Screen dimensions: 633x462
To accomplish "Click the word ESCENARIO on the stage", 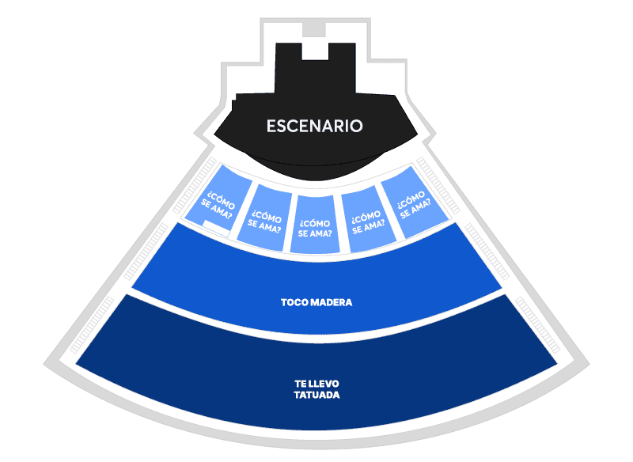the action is click(314, 126).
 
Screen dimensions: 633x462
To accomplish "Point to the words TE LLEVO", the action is click(316, 384).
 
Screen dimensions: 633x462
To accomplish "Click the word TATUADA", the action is click(316, 395).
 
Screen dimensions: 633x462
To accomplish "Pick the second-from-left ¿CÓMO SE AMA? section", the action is click(264, 218).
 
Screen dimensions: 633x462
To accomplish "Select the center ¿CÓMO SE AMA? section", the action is click(315, 225).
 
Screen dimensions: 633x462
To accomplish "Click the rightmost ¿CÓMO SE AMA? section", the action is click(414, 202).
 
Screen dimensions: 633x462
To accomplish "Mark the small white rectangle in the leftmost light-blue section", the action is click(215, 228).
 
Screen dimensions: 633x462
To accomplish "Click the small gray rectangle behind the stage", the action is click(313, 29).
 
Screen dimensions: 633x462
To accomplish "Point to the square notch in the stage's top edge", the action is click(315, 51).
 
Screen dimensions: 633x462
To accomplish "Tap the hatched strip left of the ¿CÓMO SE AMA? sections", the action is click(195, 185).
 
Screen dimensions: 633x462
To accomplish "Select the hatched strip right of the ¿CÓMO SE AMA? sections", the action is click(438, 185).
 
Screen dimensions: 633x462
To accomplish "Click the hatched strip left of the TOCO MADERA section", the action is click(146, 252).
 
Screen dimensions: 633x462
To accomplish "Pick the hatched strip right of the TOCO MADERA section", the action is click(487, 252).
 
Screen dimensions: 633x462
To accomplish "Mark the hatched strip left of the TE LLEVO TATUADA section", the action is click(92, 325).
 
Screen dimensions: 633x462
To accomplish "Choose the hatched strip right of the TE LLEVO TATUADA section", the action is click(538, 325).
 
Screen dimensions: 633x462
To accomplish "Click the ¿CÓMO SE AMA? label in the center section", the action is click(315, 229).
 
